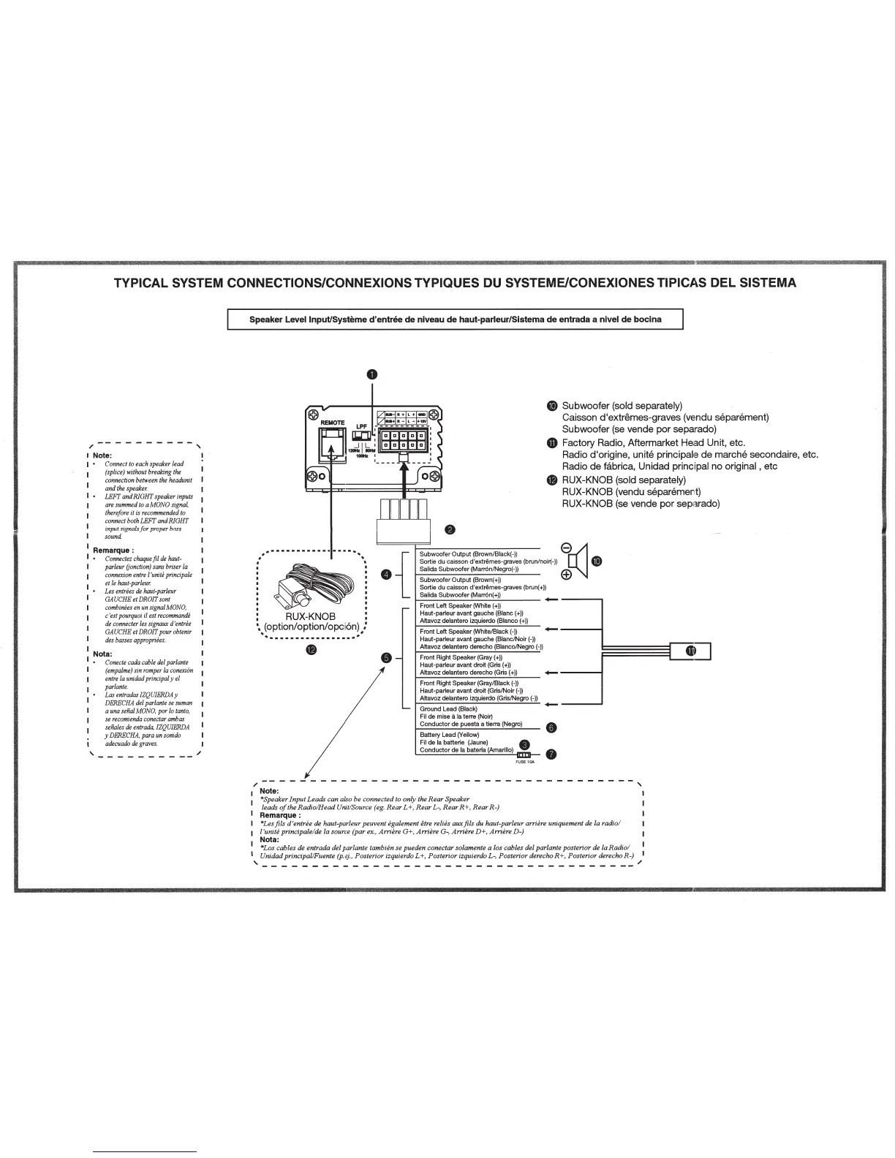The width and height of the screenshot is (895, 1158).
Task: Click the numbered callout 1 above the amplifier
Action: point(372,374)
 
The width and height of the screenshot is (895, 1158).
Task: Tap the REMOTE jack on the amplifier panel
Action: point(332,442)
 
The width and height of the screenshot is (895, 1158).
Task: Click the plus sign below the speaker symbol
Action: point(565,575)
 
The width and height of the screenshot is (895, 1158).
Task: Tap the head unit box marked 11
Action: point(690,651)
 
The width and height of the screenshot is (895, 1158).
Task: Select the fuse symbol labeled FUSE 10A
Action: point(524,754)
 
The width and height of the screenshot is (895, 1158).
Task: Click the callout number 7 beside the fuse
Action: point(551,754)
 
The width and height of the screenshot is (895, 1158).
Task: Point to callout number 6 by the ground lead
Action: point(551,727)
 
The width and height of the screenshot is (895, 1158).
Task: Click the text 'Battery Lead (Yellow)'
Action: point(450,735)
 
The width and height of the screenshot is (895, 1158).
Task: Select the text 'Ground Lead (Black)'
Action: point(448,709)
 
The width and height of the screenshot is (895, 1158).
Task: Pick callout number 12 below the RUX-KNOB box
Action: point(311,651)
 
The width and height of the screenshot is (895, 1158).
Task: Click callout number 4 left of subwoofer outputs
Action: point(386,574)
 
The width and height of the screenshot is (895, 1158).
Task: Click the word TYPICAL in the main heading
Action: point(146,283)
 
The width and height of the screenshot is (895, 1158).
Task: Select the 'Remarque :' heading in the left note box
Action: point(112,550)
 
